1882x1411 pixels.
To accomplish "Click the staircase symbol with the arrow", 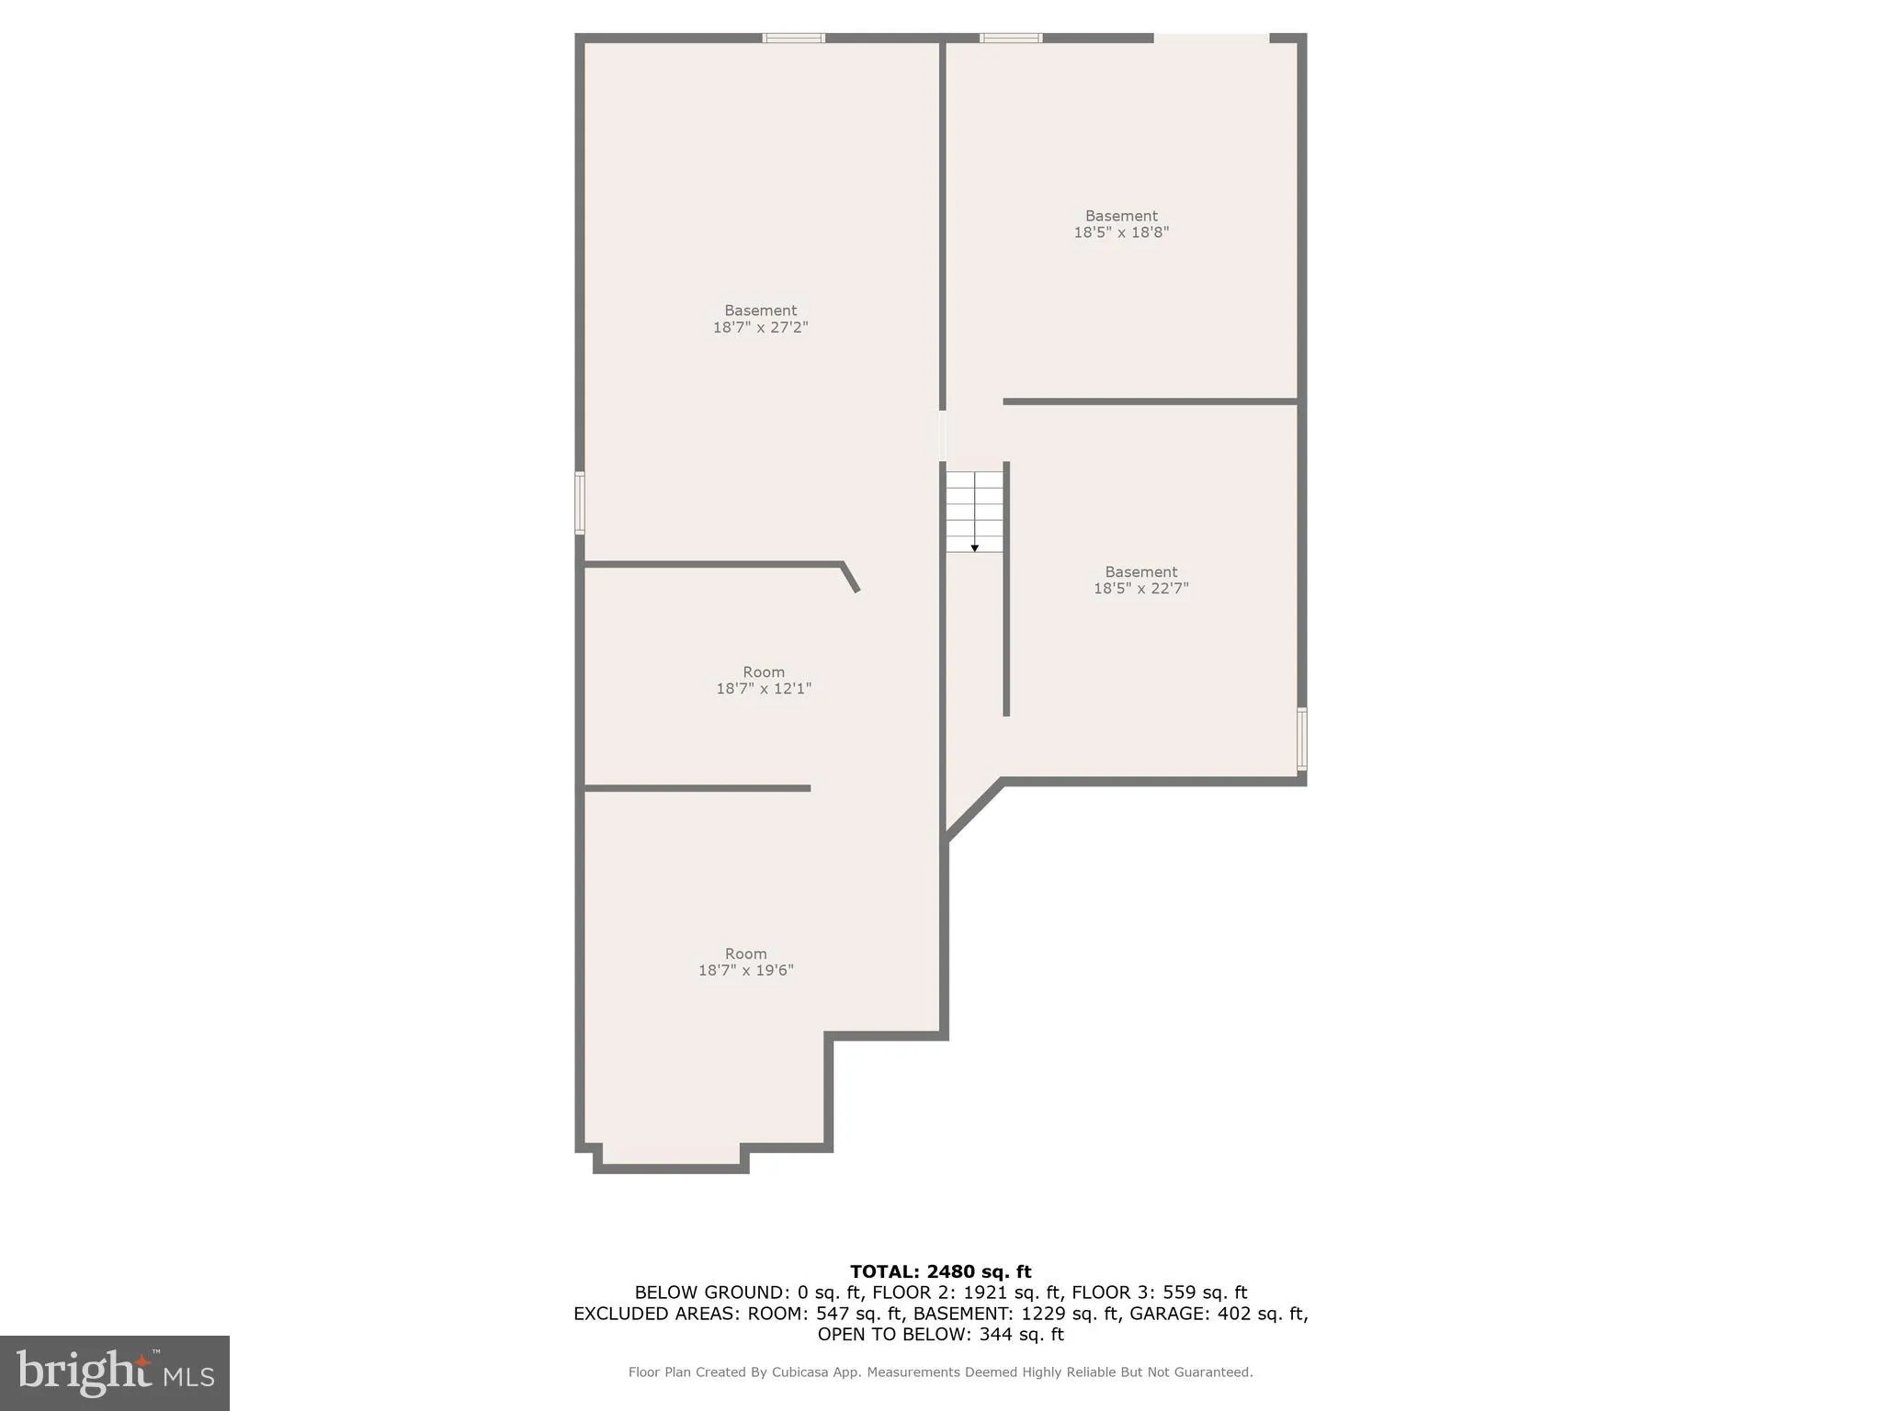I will click(x=974, y=512).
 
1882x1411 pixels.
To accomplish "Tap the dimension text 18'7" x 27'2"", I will click(x=760, y=327).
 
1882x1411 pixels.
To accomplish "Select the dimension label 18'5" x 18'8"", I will click(x=1121, y=232).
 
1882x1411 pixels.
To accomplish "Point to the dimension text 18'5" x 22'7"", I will click(x=1140, y=588).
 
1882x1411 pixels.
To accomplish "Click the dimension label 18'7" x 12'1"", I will click(x=764, y=688).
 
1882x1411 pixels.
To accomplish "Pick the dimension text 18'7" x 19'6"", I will click(x=745, y=970).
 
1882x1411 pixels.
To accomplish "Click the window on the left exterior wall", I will click(x=580, y=502).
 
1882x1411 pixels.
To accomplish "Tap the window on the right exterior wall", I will click(x=1301, y=739).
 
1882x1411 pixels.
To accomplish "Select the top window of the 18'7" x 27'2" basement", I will click(x=794, y=38).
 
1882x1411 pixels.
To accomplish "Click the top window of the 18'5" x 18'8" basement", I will click(x=1011, y=38).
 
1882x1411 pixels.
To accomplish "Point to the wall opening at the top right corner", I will click(x=1211, y=38).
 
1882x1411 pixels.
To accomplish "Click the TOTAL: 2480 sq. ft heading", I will click(x=940, y=1271).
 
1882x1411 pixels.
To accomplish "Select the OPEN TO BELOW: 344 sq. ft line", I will click(x=940, y=1334).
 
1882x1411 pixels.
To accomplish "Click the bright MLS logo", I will click(x=115, y=1372).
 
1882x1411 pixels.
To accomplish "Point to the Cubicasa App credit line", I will click(x=940, y=1372).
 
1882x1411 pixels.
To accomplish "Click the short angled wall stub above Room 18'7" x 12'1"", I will click(x=851, y=577).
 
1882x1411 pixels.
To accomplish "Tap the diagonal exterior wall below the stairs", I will click(x=974, y=809).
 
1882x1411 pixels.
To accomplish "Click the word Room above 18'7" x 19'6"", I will click(x=745, y=954).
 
